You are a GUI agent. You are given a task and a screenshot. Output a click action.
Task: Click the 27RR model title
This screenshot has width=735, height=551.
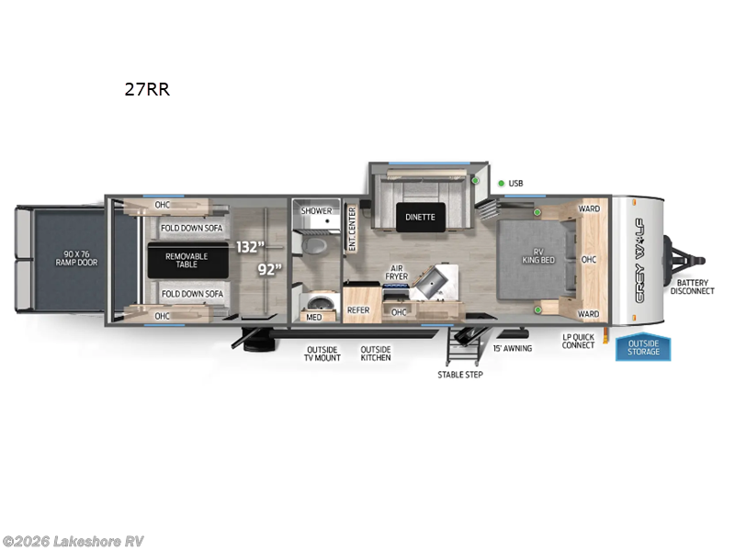click(x=147, y=90)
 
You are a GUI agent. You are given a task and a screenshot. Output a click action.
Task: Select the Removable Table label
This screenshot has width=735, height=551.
click(x=187, y=261)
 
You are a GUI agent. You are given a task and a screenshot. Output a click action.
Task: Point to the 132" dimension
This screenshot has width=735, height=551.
click(x=250, y=246)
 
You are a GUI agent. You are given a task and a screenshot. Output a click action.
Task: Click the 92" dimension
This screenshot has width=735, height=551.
click(x=268, y=270)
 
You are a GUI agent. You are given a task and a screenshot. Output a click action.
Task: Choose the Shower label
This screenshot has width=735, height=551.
click(x=316, y=211)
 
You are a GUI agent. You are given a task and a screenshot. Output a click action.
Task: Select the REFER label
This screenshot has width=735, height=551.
click(x=358, y=310)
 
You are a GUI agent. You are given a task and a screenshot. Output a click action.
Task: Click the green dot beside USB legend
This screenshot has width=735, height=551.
click(x=502, y=184)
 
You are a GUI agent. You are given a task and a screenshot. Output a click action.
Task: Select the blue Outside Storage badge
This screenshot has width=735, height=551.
click(x=643, y=348)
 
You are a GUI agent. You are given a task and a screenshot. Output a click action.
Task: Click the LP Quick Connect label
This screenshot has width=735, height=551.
click(x=579, y=341)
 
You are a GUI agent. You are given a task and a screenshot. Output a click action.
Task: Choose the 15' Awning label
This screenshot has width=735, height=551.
click(x=513, y=349)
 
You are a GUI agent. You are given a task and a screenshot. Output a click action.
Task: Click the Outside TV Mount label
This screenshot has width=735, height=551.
click(x=322, y=354)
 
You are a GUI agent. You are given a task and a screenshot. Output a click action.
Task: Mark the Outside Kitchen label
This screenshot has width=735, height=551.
click(x=376, y=354)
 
